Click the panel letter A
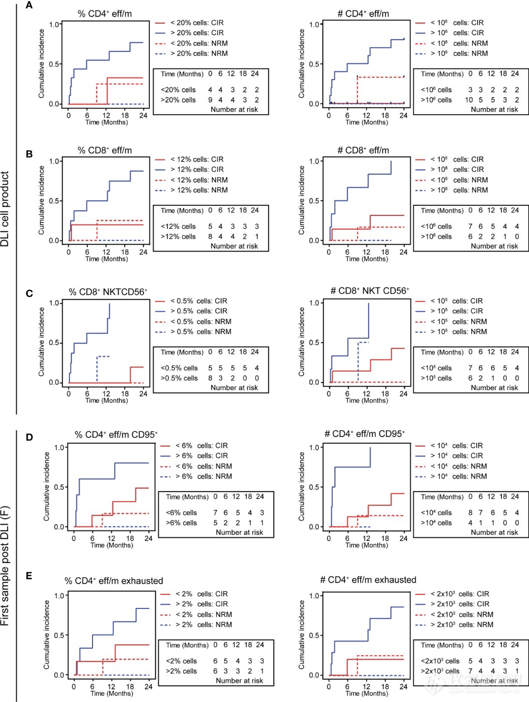(29, 6)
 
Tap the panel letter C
(29, 293)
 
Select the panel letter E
(29, 576)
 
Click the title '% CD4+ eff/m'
(105, 14)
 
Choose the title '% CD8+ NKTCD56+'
(108, 292)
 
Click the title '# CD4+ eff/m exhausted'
(368, 580)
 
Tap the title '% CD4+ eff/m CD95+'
(116, 434)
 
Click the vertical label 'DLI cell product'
(5, 209)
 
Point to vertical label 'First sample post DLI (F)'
(5, 566)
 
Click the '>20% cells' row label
(178, 100)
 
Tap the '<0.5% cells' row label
(179, 368)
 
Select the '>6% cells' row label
(182, 523)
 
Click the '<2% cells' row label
(182, 661)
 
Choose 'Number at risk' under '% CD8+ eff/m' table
(234, 246)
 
